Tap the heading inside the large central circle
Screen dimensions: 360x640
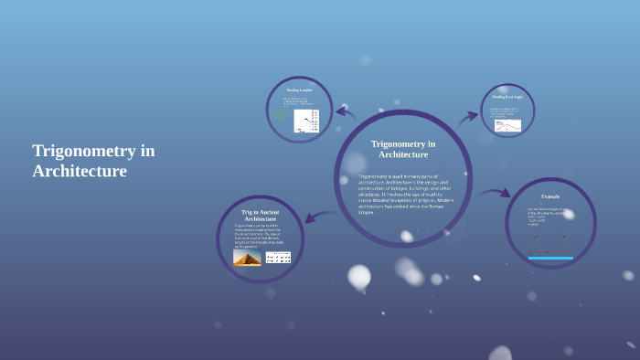pos(403,149)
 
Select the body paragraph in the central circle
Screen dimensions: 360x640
pos(403,194)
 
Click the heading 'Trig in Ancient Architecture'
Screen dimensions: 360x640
pos(260,216)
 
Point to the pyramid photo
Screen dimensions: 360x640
pos(247,258)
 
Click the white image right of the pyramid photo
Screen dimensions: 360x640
pos(278,258)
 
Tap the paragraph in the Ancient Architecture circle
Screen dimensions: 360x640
pos(260,237)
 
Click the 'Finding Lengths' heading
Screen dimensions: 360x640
pos(299,90)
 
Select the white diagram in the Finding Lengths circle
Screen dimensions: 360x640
pos(306,122)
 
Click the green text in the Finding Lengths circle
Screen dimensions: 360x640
pos(282,116)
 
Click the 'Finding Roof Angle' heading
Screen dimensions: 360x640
pos(507,96)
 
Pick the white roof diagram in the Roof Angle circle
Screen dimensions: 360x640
pos(507,125)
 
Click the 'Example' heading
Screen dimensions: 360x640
pos(549,196)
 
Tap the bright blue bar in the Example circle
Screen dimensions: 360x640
pos(550,259)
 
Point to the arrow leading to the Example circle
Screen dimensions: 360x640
pos(493,193)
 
